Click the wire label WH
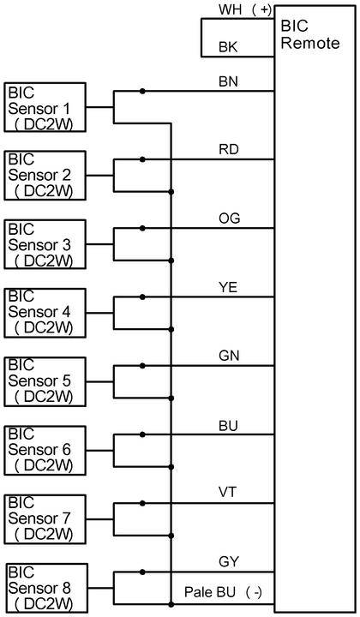point(231,9)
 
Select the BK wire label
point(228,47)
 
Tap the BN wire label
point(228,82)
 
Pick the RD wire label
point(229,150)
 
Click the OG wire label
point(230,219)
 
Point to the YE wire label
point(228,287)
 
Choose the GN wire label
point(229,356)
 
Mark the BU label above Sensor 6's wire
point(228,426)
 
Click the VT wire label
point(228,492)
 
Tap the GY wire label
point(229,561)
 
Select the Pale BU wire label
point(210,592)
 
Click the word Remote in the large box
point(310,43)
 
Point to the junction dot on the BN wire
point(142,92)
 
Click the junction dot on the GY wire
point(142,572)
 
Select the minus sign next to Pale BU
point(257,592)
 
